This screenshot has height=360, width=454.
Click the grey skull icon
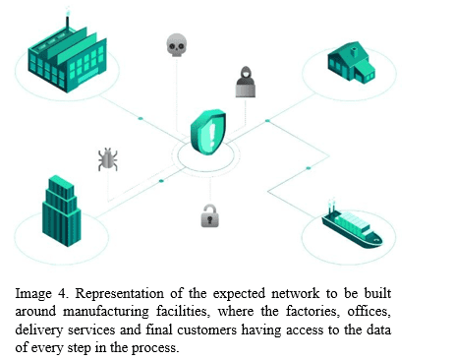click(177, 45)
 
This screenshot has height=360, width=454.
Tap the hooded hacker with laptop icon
click(246, 82)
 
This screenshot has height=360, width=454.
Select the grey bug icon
click(108, 159)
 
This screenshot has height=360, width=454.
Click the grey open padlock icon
click(209, 215)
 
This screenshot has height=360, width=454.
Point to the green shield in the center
click(208, 132)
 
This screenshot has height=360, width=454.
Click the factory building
click(67, 59)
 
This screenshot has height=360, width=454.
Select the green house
click(352, 62)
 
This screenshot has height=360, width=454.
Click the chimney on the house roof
click(354, 52)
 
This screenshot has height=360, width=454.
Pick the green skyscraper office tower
click(61, 210)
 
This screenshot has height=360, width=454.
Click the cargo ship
click(352, 227)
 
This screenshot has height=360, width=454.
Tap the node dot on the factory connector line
click(141, 118)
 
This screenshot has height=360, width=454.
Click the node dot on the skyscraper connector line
click(161, 181)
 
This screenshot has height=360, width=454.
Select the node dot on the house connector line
click(267, 121)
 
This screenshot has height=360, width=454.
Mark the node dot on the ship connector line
click(309, 168)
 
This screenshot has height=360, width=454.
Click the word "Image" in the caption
click(33, 294)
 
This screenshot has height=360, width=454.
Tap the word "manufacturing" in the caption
click(106, 312)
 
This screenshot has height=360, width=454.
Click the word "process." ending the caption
click(155, 348)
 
